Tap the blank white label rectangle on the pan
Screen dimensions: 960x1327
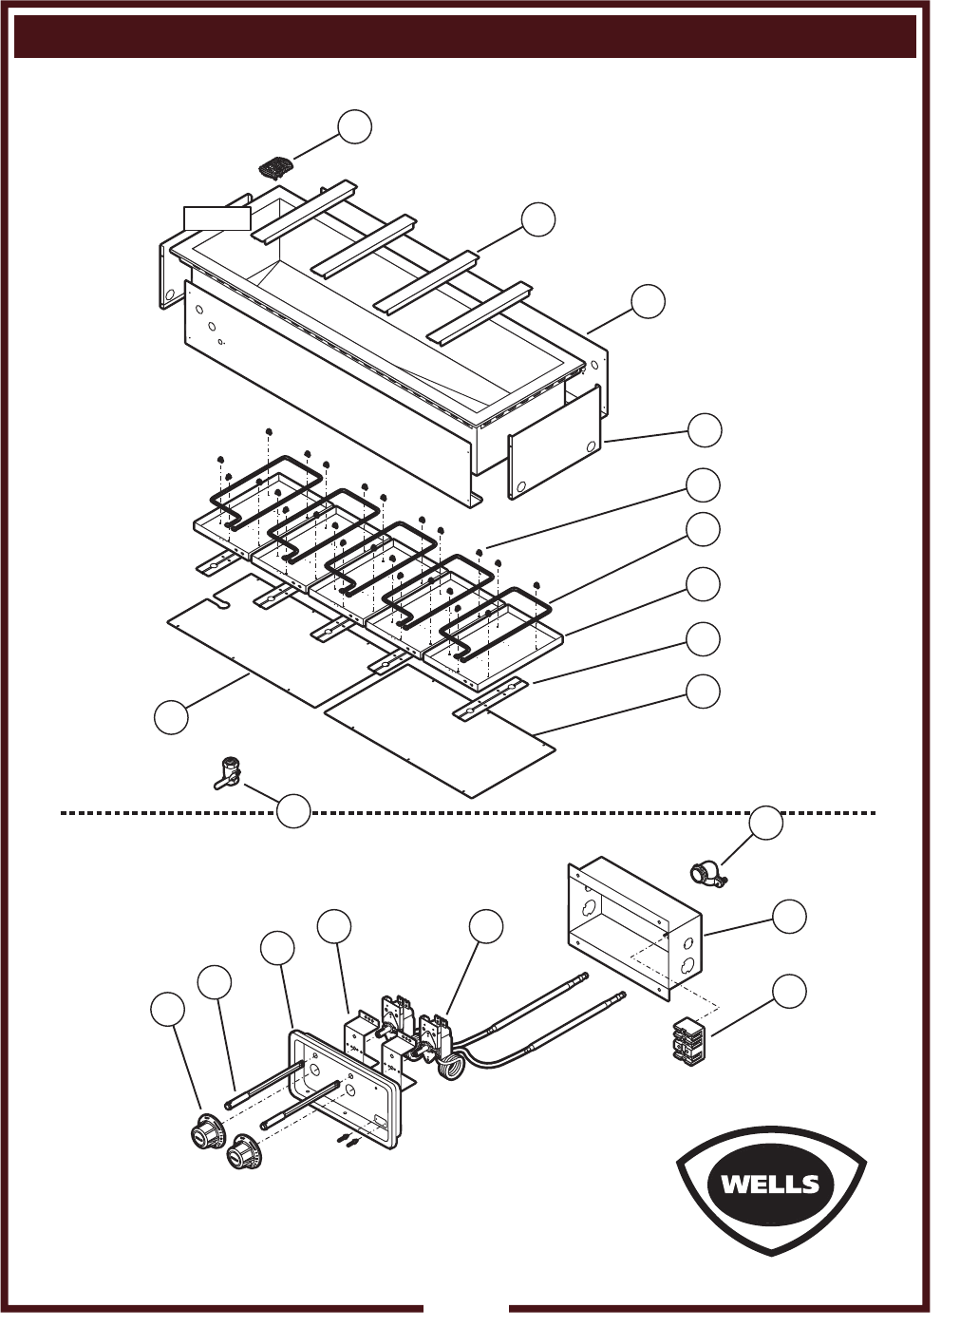216,218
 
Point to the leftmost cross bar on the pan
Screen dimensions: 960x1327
304,211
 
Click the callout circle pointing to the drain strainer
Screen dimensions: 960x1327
355,126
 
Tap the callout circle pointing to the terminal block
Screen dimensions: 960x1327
789,990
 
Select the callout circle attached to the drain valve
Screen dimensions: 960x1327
293,810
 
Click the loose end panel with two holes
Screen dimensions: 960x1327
555,442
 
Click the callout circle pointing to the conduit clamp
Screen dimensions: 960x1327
765,823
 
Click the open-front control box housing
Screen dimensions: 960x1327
635,928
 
